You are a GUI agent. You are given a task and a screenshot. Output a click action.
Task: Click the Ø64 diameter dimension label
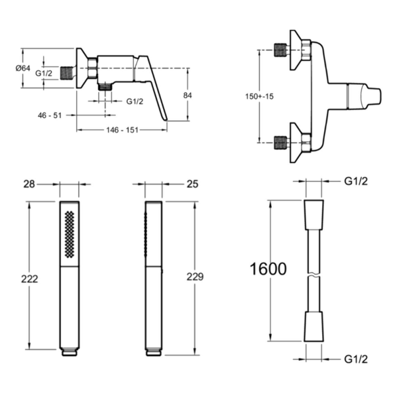[23, 68]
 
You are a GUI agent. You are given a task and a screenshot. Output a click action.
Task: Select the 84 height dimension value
[187, 95]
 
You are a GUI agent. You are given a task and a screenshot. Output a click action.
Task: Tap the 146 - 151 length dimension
[122, 130]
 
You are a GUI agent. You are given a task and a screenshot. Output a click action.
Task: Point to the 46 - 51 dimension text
[50, 115]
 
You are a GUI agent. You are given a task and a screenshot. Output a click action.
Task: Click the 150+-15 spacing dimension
[259, 97]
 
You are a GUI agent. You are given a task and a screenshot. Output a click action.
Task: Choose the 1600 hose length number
[268, 269]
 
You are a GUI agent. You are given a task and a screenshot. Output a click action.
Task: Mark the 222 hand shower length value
[29, 279]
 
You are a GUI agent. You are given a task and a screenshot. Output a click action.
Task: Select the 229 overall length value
[195, 277]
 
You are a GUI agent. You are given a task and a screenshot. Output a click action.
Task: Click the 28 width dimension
[29, 184]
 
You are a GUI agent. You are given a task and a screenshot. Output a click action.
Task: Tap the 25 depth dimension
[192, 184]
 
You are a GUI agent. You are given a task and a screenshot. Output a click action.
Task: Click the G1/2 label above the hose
[356, 181]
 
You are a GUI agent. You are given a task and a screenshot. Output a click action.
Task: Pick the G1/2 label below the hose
[356, 359]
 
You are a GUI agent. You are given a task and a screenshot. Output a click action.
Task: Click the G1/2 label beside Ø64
[44, 73]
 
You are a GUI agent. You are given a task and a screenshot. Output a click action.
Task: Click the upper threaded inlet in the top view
[280, 50]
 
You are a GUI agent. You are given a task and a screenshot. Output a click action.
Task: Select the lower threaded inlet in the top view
[280, 143]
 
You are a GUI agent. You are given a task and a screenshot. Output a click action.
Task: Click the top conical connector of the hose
[314, 214]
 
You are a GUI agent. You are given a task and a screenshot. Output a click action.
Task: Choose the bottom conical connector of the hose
[314, 327]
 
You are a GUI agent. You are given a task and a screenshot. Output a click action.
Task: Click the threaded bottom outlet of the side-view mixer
[105, 87]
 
